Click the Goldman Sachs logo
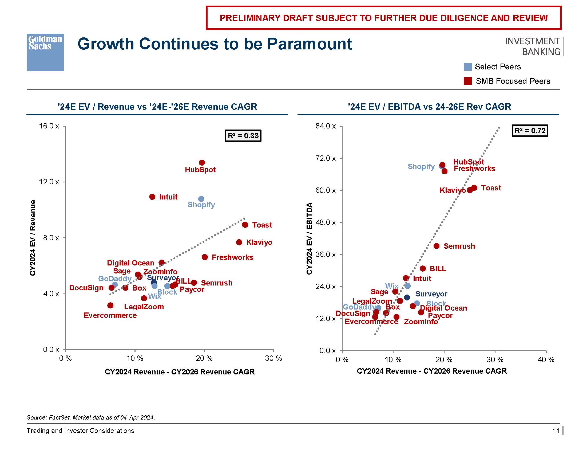45,52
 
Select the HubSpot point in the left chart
202,162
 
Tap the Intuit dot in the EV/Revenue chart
152,197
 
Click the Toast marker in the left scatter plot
245,225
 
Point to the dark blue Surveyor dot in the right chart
407,298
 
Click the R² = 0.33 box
243,136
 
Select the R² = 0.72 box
530,131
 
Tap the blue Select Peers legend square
468,67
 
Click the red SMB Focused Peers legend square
468,81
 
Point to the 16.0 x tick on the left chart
49,126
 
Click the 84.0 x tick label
326,126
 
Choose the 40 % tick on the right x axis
546,360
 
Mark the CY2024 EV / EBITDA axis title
309,238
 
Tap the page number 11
556,430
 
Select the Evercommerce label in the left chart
110,315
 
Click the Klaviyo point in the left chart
239,242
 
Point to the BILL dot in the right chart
423,268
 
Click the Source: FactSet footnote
91,417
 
